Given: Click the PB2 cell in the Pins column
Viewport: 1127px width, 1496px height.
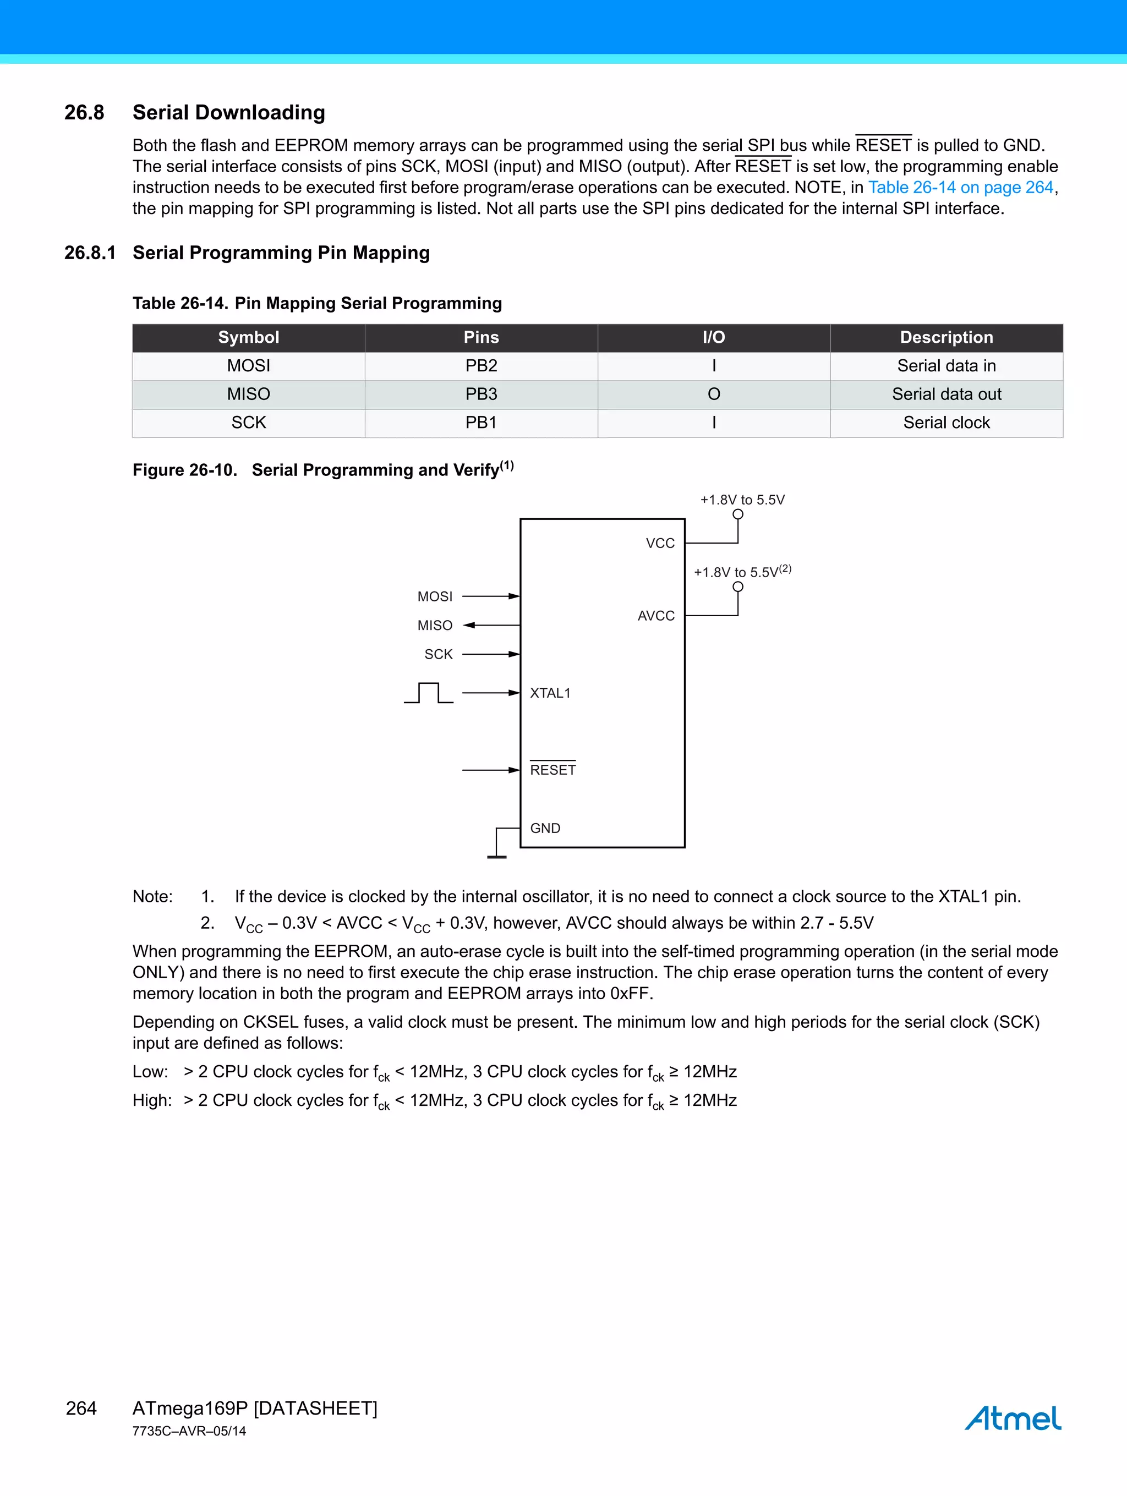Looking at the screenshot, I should click(x=481, y=366).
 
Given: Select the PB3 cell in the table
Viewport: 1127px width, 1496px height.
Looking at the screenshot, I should click(x=481, y=394).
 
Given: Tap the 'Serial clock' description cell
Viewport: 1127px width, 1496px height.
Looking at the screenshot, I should click(x=946, y=423).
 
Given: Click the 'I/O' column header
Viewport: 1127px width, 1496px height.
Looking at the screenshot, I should click(x=714, y=337).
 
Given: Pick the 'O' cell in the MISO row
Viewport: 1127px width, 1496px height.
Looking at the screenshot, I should click(x=714, y=394).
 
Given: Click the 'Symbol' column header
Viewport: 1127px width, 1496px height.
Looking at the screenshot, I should click(x=248, y=337).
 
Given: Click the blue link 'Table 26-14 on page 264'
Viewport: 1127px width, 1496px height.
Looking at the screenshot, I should click(x=961, y=187).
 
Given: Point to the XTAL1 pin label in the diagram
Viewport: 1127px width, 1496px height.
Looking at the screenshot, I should click(x=550, y=693).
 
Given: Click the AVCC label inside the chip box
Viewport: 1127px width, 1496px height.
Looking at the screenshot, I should click(x=655, y=616).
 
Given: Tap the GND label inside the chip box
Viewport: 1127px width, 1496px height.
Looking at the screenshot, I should click(x=545, y=829).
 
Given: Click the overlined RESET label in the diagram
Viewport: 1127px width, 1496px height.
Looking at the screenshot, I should click(x=552, y=770).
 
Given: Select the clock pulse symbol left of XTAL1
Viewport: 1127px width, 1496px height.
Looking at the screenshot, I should click(x=428, y=693).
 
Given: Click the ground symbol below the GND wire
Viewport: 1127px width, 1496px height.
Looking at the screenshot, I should click(x=496, y=856).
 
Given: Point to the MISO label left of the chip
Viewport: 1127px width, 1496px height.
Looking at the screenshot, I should click(x=434, y=626).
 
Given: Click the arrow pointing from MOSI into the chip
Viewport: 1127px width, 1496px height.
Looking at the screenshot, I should click(x=490, y=596).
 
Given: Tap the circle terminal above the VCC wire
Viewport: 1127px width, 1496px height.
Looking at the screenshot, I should click(x=738, y=514).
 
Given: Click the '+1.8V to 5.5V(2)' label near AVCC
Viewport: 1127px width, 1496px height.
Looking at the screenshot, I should click(x=741, y=572).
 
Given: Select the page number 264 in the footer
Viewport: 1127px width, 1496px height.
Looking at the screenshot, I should click(x=81, y=1408).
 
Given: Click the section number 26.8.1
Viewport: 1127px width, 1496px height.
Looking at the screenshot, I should click(x=90, y=253).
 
